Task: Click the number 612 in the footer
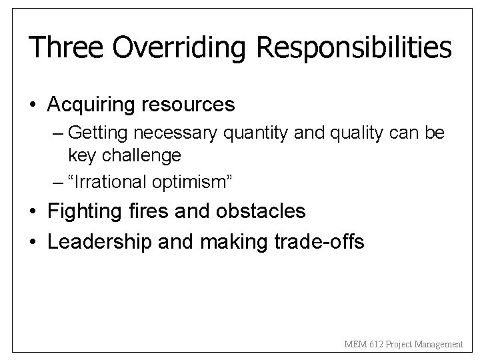pos(375,345)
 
